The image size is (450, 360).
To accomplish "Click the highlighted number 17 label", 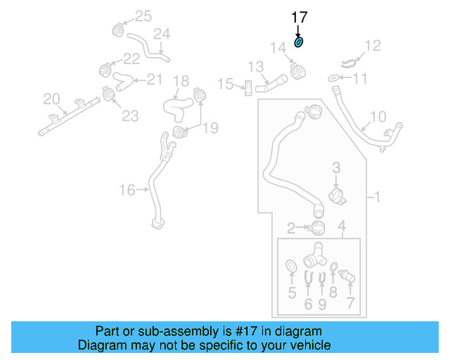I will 299,17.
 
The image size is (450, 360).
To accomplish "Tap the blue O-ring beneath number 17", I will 298,43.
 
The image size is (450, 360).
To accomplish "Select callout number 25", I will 143,15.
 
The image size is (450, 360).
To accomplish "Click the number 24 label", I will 162,34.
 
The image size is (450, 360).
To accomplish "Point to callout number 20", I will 51,98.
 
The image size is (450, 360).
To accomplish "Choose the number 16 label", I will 127,189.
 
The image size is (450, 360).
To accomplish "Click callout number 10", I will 378,116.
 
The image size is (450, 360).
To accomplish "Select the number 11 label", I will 359,79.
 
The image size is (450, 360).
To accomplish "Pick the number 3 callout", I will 336,168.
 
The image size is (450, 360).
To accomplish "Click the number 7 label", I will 350,304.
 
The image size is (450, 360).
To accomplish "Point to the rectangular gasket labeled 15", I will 247,88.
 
